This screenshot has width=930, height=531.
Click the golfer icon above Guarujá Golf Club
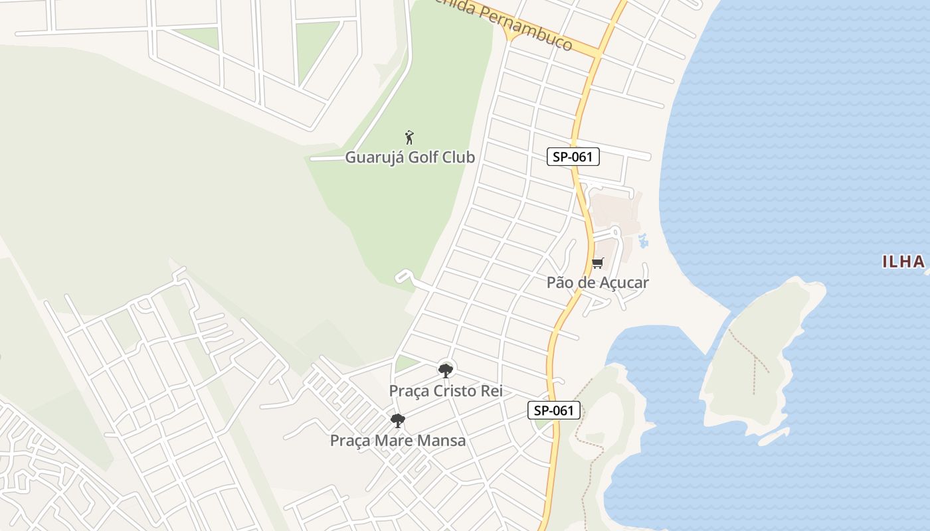(x=409, y=137)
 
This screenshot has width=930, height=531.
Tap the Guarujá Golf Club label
(x=410, y=157)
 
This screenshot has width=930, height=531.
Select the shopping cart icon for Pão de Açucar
(x=597, y=264)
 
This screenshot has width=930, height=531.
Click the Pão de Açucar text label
(x=597, y=282)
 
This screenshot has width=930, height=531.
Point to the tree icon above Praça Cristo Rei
(x=446, y=370)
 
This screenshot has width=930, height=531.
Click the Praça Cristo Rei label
(x=446, y=391)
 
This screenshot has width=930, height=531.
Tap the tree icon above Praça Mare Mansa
(x=398, y=420)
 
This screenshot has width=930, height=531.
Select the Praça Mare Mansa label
(x=398, y=441)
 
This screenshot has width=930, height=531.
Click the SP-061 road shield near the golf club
(x=573, y=157)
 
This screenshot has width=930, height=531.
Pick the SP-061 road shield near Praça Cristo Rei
(x=554, y=410)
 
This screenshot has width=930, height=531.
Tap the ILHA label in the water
(x=903, y=262)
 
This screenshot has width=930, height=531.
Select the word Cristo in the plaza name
(x=456, y=391)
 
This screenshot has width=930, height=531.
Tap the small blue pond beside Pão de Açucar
(x=642, y=240)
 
